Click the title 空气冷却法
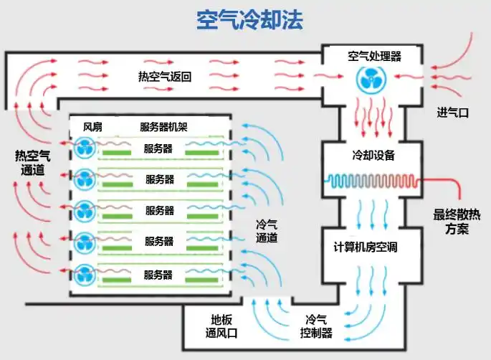click(249, 20)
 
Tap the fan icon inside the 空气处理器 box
click(371, 79)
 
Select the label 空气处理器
click(374, 57)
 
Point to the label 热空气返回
click(165, 77)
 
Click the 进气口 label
click(453, 113)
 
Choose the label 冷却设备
click(373, 155)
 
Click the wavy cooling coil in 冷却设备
click(373, 181)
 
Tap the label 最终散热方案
click(457, 222)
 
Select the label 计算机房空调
click(366, 247)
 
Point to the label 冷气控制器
click(316, 326)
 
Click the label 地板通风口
click(221, 326)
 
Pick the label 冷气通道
click(267, 231)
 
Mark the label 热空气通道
click(32, 163)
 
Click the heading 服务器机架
click(163, 127)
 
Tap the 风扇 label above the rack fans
click(92, 127)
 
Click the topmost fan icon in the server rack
click(85, 147)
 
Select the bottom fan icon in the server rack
click(85, 275)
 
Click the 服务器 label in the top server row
click(158, 148)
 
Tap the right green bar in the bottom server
click(202, 280)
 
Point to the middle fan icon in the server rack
click(85, 211)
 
